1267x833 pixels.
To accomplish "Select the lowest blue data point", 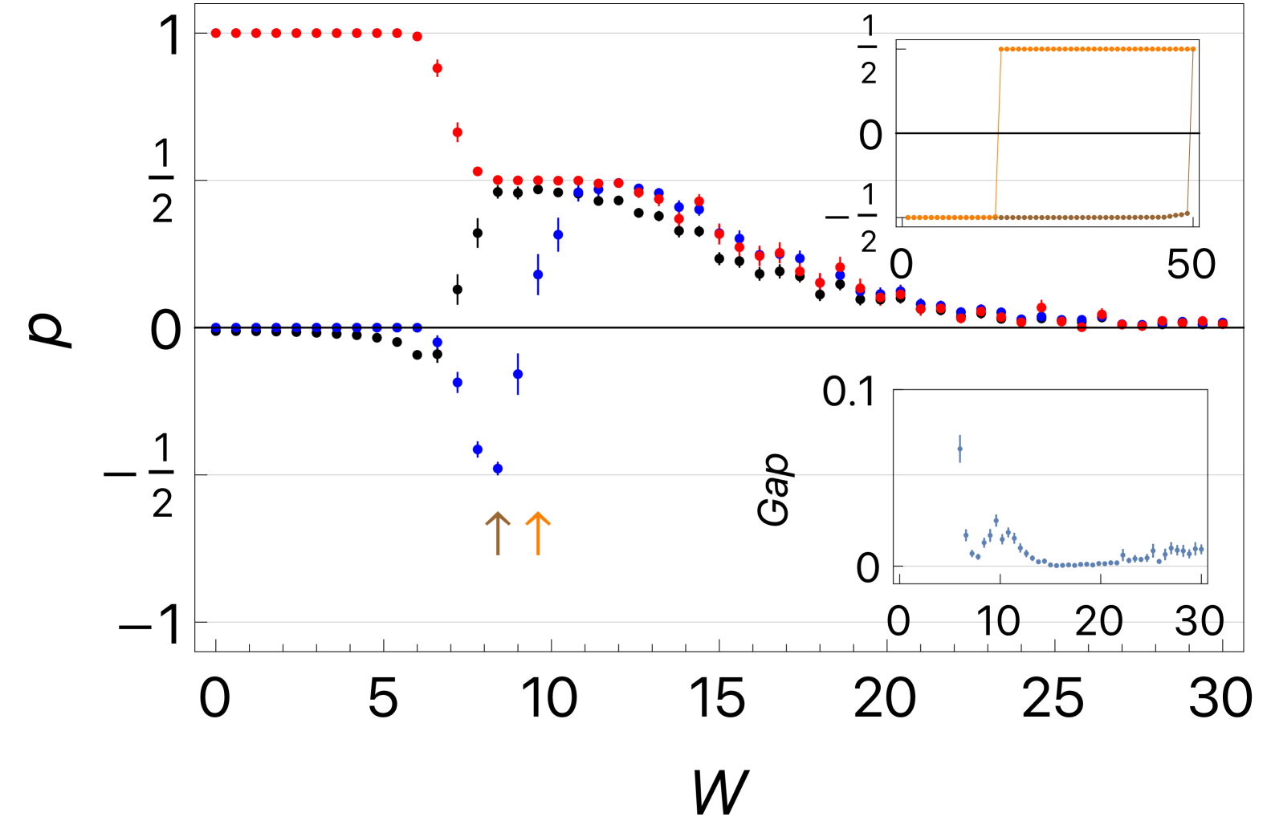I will pyautogui.click(x=498, y=468).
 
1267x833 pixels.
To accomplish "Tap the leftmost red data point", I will pyautogui.click(x=216, y=33).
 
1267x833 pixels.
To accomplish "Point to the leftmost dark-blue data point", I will pyautogui.click(x=216, y=327).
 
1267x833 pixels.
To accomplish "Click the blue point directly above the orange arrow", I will pyautogui.click(x=538, y=274).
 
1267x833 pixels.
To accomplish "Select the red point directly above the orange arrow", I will pyautogui.click(x=538, y=181).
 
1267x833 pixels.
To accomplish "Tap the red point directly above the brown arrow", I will pyautogui.click(x=498, y=181).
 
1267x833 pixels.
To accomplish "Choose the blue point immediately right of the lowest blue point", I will pyautogui.click(x=518, y=374).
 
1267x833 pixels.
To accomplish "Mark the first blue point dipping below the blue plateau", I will pyautogui.click(x=438, y=343).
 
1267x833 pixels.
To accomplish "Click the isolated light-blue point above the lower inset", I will pyautogui.click(x=959, y=449).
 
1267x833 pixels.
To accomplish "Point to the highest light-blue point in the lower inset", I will pyautogui.click(x=996, y=520).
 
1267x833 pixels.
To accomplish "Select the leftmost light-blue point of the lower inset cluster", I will pyautogui.click(x=966, y=535).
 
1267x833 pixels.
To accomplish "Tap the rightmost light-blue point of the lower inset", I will pyautogui.click(x=1201, y=549).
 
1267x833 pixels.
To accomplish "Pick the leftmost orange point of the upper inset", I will pyautogui.click(x=907, y=217).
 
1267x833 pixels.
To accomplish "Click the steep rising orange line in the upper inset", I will pyautogui.click(x=998, y=132).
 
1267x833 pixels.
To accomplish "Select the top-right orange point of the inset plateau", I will pyautogui.click(x=1193, y=50).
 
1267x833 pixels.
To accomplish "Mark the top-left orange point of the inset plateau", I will pyautogui.click(x=1000, y=50).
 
